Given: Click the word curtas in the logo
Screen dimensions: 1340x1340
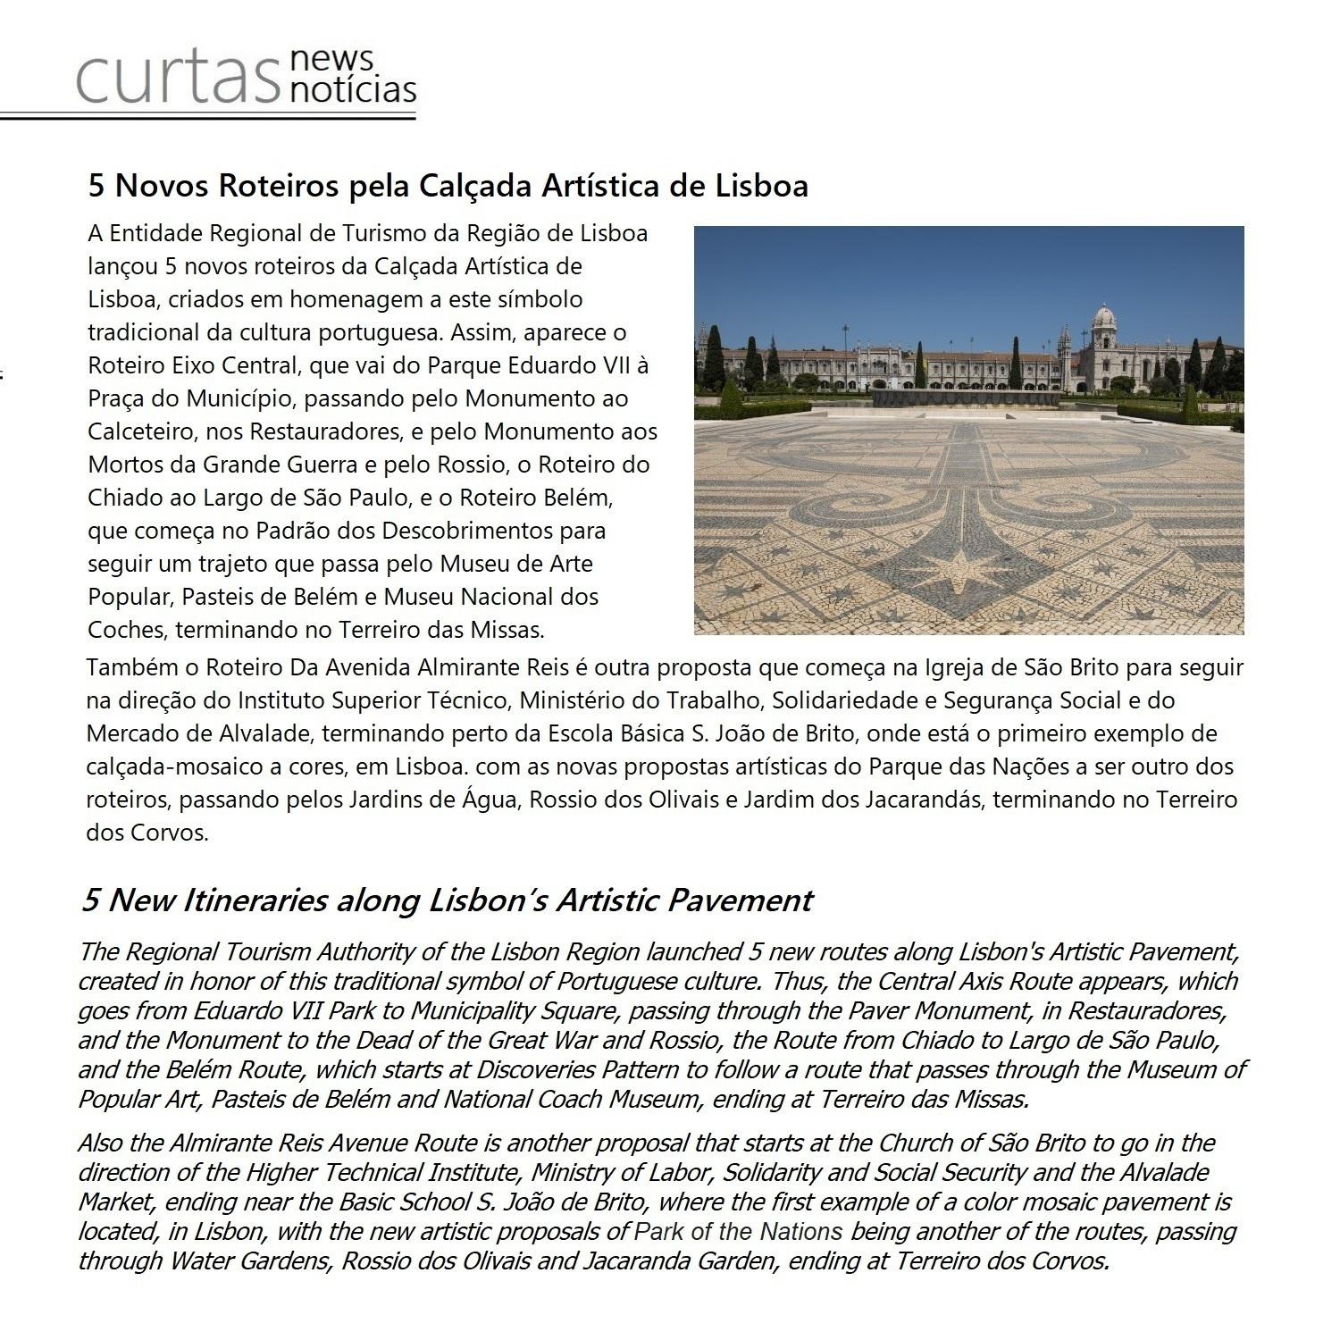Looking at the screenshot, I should coord(176,78).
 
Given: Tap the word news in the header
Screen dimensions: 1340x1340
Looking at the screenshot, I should coord(331,60).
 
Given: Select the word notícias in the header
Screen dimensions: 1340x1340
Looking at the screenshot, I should coord(354,90).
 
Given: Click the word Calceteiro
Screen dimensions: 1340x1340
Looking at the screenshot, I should coord(143,431).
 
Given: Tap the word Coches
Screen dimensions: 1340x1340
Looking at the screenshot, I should coord(126,630).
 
